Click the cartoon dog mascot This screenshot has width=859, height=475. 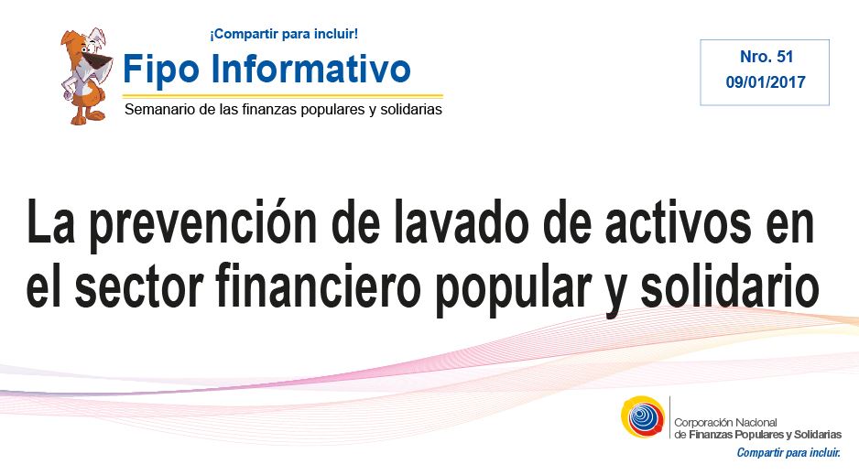(x=85, y=77)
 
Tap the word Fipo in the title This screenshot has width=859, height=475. (x=161, y=70)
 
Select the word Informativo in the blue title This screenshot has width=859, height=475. (x=310, y=68)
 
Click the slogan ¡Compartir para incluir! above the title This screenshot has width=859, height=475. (x=284, y=34)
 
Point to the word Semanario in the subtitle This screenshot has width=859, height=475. (x=159, y=110)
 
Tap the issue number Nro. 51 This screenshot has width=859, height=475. (x=767, y=57)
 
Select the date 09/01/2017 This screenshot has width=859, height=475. (x=766, y=82)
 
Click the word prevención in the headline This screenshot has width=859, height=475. (x=203, y=225)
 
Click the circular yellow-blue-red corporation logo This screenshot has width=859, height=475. (x=643, y=417)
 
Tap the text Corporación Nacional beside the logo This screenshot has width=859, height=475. (x=725, y=423)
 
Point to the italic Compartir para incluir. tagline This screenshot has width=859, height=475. (x=788, y=452)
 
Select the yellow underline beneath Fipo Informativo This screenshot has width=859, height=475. (x=283, y=96)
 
